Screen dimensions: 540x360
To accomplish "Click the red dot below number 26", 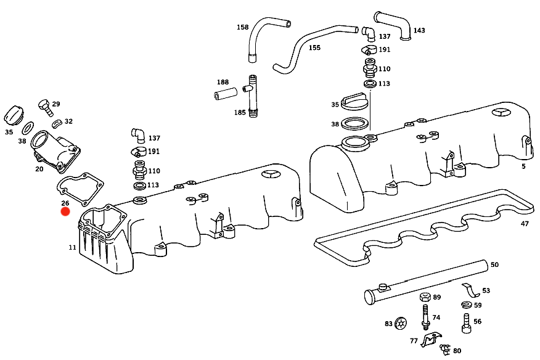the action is click(65, 211).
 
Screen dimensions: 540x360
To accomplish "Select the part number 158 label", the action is click(242, 27).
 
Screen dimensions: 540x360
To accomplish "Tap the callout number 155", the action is click(314, 47).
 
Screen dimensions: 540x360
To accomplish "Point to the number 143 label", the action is click(419, 30).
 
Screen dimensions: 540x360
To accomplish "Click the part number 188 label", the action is click(223, 82).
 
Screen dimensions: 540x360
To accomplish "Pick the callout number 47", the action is click(525, 224).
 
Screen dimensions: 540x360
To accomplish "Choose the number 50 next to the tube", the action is click(494, 264).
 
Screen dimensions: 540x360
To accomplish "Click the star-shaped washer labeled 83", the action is click(401, 323).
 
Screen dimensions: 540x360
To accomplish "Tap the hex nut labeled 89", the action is click(426, 297).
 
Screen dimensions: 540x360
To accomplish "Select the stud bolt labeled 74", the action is click(426, 317).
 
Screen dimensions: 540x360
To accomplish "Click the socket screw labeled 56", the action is click(467, 323).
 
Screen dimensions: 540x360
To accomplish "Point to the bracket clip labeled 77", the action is click(431, 339).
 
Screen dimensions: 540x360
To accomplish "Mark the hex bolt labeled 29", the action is click(45, 107).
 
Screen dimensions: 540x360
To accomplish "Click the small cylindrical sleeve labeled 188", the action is click(226, 94).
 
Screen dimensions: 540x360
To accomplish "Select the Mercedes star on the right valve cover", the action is click(503, 113).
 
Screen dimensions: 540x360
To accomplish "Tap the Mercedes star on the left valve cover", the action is click(271, 174).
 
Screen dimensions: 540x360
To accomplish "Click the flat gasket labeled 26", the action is click(80, 189).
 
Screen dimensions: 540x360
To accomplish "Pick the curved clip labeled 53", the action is click(471, 290).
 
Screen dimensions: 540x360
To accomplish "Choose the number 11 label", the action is click(72, 247).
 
